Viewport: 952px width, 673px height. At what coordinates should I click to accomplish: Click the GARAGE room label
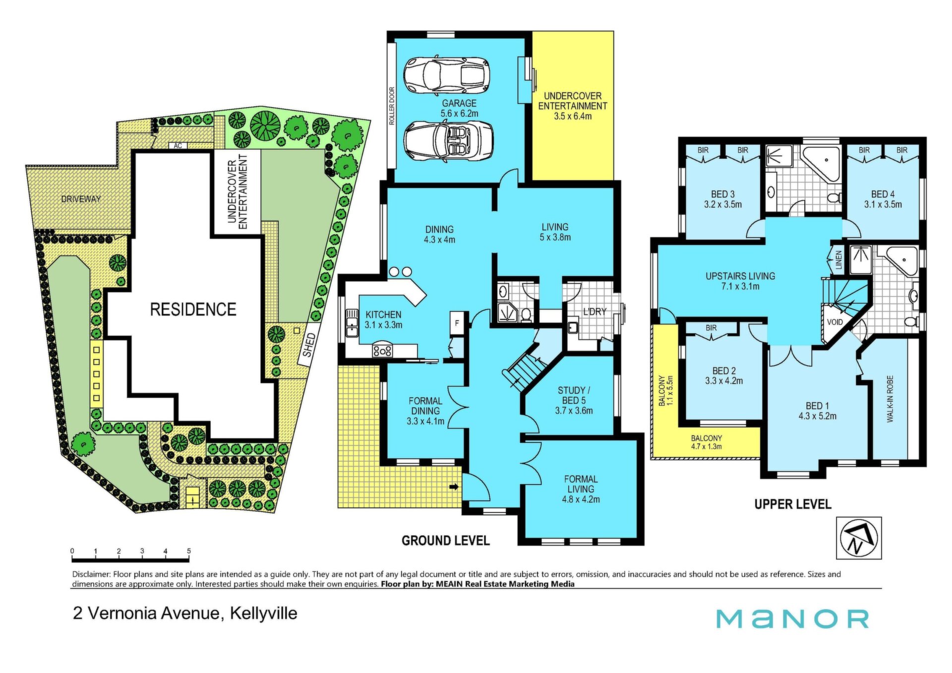(x=459, y=103)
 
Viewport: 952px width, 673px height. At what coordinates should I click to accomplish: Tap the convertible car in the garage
(x=448, y=141)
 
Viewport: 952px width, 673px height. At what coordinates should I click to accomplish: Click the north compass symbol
(x=859, y=538)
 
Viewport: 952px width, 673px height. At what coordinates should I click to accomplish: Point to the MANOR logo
(x=792, y=619)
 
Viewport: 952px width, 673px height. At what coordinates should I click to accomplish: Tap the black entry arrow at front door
(x=454, y=487)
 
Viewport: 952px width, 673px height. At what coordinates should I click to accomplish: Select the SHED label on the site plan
(x=308, y=345)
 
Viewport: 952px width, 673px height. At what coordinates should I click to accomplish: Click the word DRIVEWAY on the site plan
(x=81, y=199)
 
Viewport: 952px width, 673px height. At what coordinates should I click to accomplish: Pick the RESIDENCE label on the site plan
(x=193, y=309)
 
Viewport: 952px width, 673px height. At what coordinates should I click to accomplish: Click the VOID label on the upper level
(x=835, y=322)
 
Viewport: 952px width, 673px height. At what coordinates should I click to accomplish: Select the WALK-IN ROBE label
(x=890, y=399)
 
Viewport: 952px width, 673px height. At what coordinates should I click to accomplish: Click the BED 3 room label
(x=723, y=194)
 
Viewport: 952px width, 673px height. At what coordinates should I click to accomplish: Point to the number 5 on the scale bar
(x=189, y=551)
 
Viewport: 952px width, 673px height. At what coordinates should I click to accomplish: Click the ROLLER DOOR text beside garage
(x=392, y=106)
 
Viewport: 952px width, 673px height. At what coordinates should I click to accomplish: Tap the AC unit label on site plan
(x=178, y=146)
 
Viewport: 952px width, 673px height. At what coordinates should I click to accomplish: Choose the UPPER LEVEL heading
(x=793, y=504)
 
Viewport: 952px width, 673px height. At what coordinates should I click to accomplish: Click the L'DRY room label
(x=595, y=312)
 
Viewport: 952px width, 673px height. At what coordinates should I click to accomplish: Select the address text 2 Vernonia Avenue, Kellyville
(x=185, y=613)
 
